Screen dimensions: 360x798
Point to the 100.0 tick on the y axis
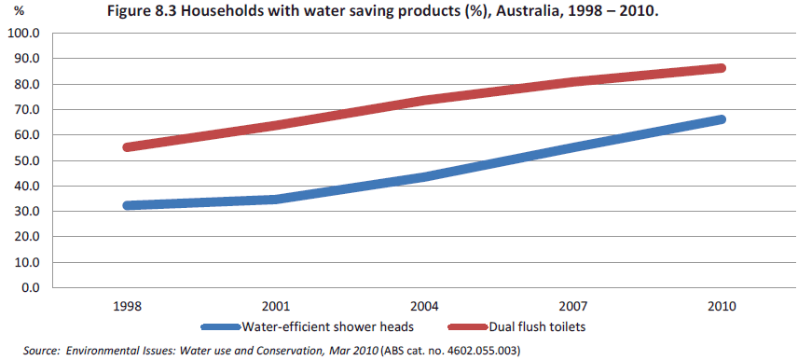23,34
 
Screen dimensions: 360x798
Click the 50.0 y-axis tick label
26,160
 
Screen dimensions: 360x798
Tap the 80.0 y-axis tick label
26,84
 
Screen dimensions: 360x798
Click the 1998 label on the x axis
127,306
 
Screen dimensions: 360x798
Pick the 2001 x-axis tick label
276,306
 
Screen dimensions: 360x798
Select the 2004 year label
424,306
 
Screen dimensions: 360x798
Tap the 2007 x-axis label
572,306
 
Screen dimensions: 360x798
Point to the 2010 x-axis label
722,306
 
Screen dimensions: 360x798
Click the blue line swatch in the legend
220,327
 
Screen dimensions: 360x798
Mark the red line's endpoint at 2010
721,68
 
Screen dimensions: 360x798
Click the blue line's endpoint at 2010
721,119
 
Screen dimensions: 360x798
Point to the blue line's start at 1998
128,205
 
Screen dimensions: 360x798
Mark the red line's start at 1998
128,147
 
